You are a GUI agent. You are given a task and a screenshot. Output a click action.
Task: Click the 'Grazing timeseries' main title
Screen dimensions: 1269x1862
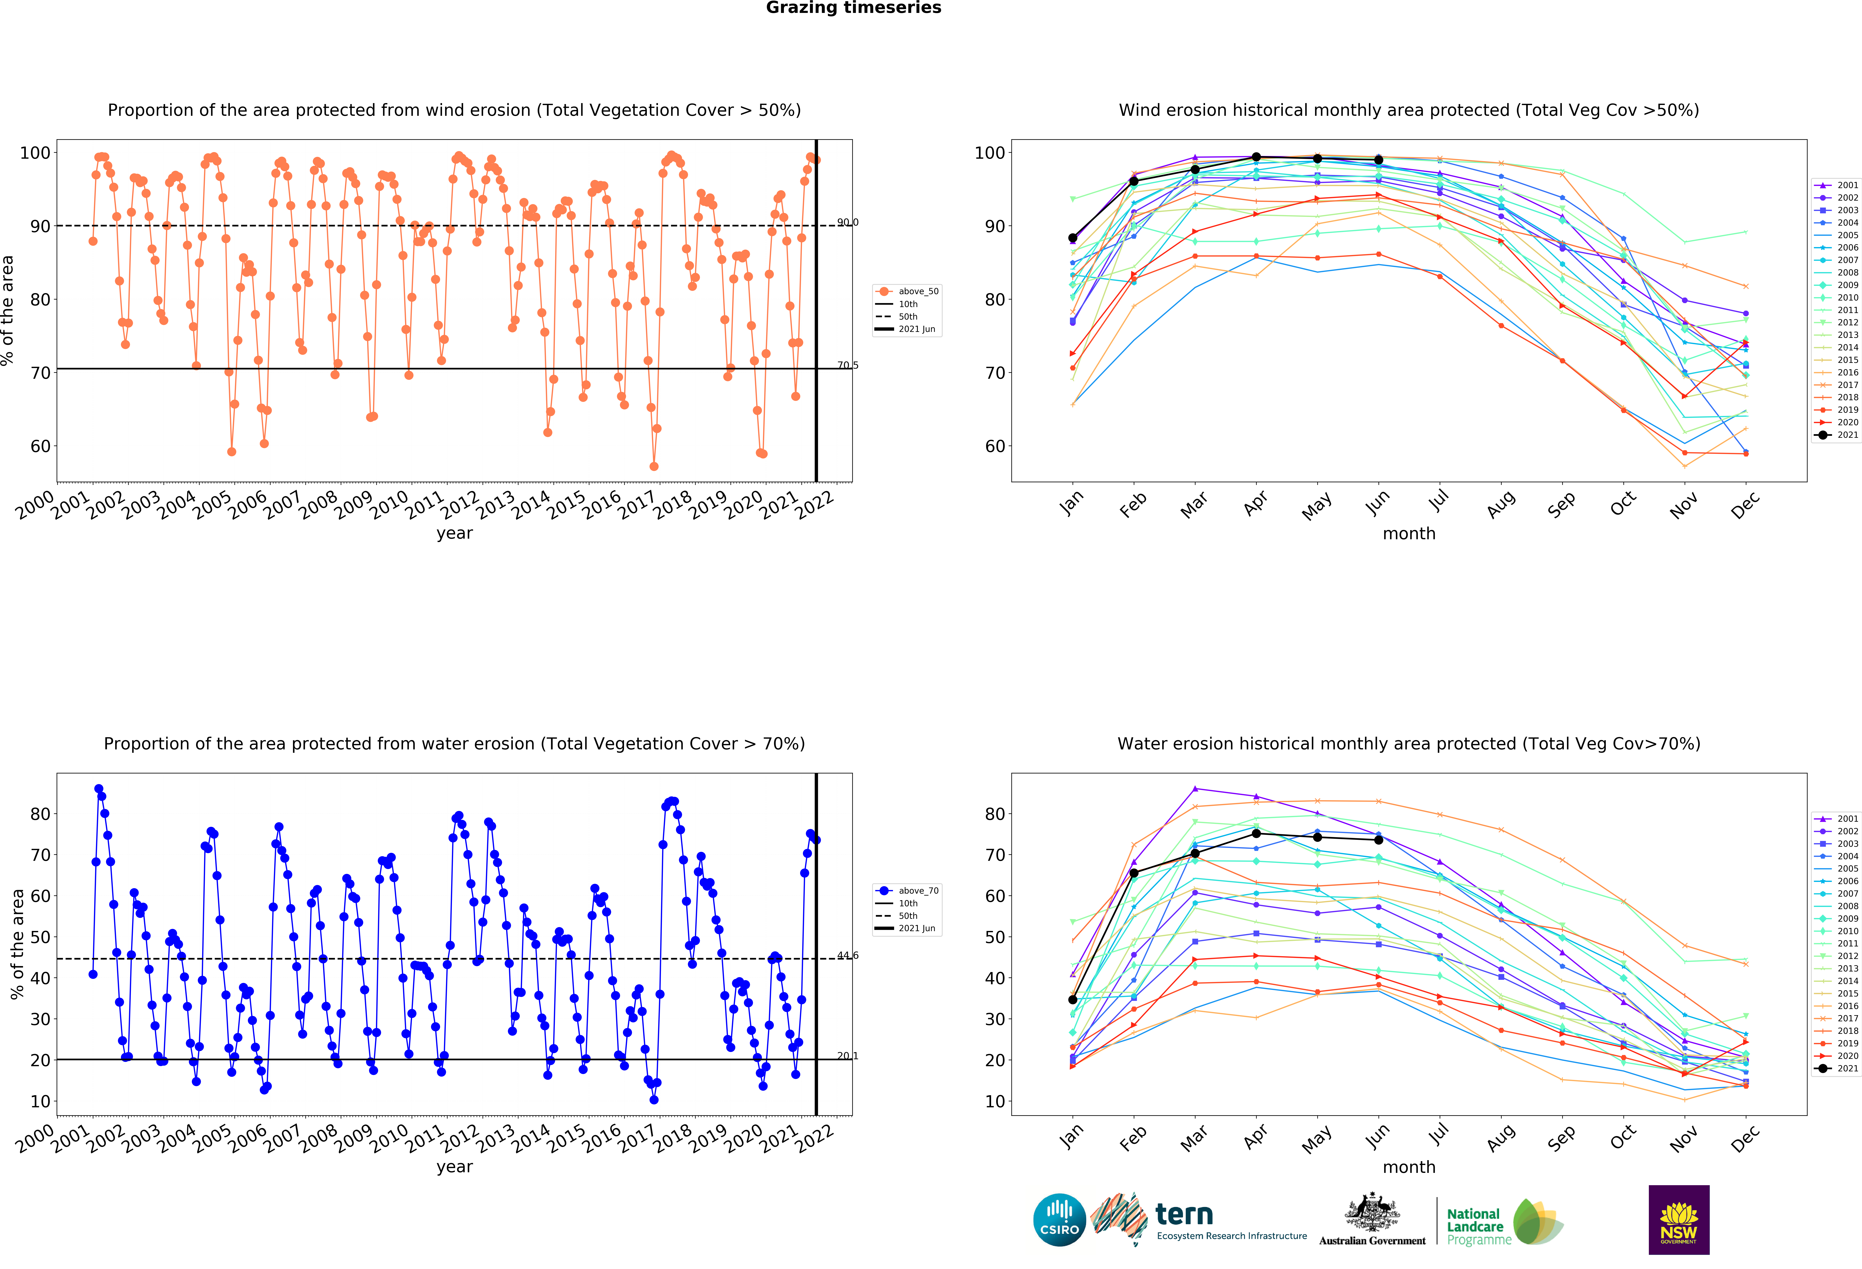point(853,8)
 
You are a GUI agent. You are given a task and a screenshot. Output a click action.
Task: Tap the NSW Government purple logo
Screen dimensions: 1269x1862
point(1678,1219)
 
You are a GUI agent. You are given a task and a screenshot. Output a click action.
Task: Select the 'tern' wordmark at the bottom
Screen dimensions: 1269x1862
point(1184,1215)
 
